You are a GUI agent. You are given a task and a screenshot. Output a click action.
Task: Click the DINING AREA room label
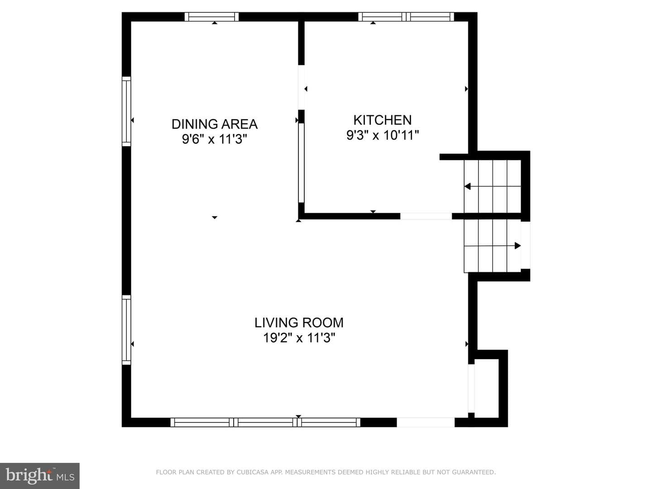tap(215, 124)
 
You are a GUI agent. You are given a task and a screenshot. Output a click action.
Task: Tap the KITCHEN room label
tap(382, 120)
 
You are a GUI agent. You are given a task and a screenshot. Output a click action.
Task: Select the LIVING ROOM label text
tap(299, 323)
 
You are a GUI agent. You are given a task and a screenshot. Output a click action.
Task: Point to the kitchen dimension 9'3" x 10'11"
tap(383, 135)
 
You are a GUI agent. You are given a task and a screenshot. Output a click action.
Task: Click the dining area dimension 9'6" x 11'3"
tap(215, 139)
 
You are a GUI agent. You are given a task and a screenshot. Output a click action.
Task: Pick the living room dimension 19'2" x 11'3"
tap(299, 338)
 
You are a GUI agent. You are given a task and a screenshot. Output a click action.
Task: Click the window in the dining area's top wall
tap(211, 17)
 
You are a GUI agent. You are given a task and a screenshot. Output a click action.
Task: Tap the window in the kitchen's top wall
tap(406, 17)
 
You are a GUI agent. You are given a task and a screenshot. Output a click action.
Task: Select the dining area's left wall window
tap(126, 111)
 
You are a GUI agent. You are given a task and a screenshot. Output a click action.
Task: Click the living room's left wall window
tap(126, 330)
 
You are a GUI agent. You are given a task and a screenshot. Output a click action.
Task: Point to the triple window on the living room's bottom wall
tap(265, 422)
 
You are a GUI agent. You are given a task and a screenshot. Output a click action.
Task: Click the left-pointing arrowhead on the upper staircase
tap(468, 187)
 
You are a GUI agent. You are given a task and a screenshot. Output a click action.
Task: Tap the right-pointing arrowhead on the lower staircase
tap(518, 245)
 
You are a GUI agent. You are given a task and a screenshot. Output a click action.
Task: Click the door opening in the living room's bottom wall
tap(426, 422)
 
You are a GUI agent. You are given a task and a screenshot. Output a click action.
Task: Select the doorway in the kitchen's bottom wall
tap(426, 216)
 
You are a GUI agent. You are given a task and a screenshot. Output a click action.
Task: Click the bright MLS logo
tap(40, 475)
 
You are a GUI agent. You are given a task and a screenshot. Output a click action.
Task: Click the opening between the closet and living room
tap(471, 388)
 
